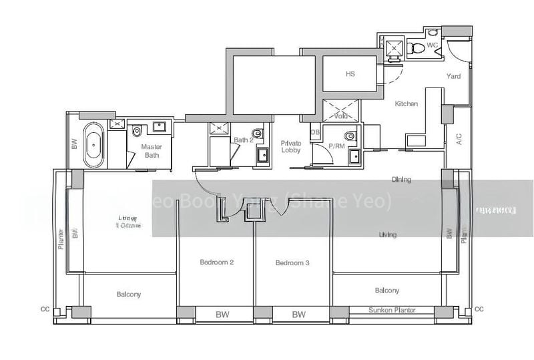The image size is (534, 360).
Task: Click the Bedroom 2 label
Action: tap(216, 262)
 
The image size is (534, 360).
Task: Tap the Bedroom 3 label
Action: tap(292, 263)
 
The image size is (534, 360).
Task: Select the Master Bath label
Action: tap(152, 151)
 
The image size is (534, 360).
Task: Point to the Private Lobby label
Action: tap(290, 146)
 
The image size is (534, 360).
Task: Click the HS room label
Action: tap(350, 74)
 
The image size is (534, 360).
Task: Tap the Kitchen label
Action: tap(406, 104)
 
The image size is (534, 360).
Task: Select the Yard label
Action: tap(453, 76)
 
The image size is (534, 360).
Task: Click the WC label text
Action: tap(432, 45)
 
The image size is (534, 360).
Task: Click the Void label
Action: tap(342, 116)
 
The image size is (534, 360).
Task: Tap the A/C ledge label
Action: tap(459, 139)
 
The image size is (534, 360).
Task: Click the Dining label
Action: tap(401, 179)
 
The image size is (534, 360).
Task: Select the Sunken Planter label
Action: tap(392, 310)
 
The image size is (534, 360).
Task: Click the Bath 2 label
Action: tap(243, 140)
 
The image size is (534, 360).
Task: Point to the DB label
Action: tap(315, 132)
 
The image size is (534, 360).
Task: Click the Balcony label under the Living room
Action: tap(387, 291)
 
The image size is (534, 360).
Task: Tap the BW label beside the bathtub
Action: tap(73, 144)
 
